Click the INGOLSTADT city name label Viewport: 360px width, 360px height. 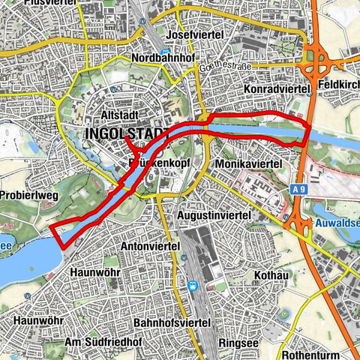click(126, 134)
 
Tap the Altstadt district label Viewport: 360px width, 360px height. click(121, 117)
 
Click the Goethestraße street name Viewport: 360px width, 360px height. click(226, 67)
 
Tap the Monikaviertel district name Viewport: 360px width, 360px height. click(247, 163)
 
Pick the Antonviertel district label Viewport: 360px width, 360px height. click(152, 245)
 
